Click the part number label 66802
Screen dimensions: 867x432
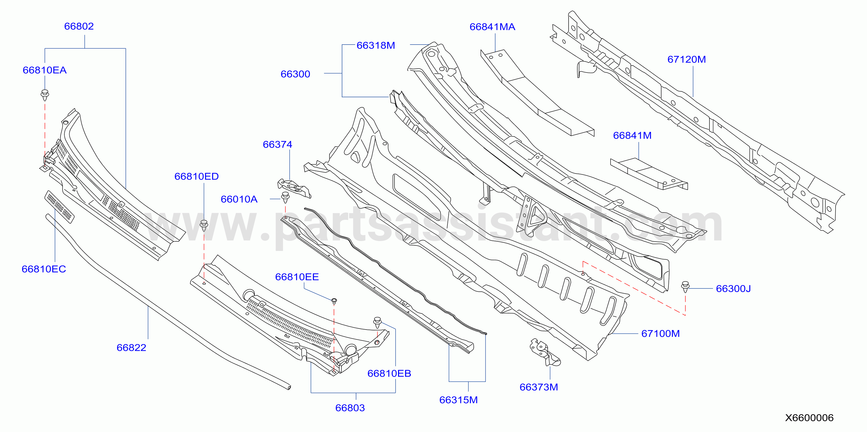(79, 26)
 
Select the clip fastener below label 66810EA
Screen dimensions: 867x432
(45, 95)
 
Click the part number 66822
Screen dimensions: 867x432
(131, 348)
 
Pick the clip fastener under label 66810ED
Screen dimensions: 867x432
(204, 225)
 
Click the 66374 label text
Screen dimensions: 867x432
(277, 144)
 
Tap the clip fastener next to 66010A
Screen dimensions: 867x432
(285, 197)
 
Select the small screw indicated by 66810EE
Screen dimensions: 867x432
(334, 301)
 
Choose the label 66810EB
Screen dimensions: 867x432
(389, 373)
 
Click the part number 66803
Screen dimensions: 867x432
(350, 408)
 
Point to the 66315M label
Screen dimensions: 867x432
(459, 400)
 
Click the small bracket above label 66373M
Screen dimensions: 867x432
(544, 352)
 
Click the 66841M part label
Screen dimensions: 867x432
(632, 135)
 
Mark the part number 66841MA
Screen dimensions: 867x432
(492, 27)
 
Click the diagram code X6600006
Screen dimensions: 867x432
(809, 418)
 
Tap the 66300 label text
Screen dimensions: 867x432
(296, 74)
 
